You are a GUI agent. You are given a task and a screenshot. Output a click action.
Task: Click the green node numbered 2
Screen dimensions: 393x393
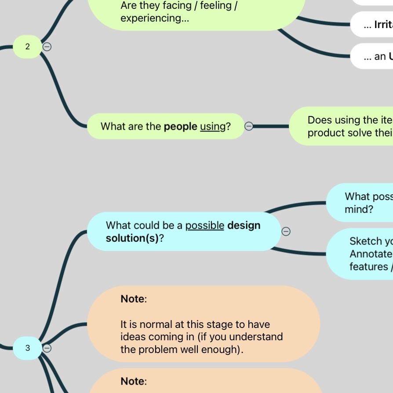click(27, 47)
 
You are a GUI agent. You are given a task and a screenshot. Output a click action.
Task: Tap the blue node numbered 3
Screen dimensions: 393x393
click(27, 348)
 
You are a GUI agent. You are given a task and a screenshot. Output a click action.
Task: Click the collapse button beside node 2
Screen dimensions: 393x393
click(47, 46)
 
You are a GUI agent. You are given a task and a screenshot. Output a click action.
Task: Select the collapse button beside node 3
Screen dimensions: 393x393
click(47, 348)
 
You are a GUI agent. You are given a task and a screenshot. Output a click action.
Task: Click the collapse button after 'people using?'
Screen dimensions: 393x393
click(248, 127)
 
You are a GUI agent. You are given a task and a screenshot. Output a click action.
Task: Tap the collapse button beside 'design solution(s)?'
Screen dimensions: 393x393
click(286, 231)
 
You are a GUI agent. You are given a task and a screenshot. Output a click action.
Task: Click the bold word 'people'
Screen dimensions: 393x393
click(180, 127)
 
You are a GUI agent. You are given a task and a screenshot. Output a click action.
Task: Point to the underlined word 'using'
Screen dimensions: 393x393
click(213, 127)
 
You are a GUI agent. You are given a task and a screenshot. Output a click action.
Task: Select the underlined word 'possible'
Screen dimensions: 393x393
click(205, 226)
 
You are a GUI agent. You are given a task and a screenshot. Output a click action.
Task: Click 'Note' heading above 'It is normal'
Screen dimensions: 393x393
click(133, 299)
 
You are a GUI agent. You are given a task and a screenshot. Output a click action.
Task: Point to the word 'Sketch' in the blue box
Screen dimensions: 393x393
click(366, 241)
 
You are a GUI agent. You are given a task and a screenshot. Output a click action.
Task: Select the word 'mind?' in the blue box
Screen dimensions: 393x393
click(359, 209)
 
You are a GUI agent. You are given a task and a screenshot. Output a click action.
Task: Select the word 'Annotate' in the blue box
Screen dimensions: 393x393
click(370, 254)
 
